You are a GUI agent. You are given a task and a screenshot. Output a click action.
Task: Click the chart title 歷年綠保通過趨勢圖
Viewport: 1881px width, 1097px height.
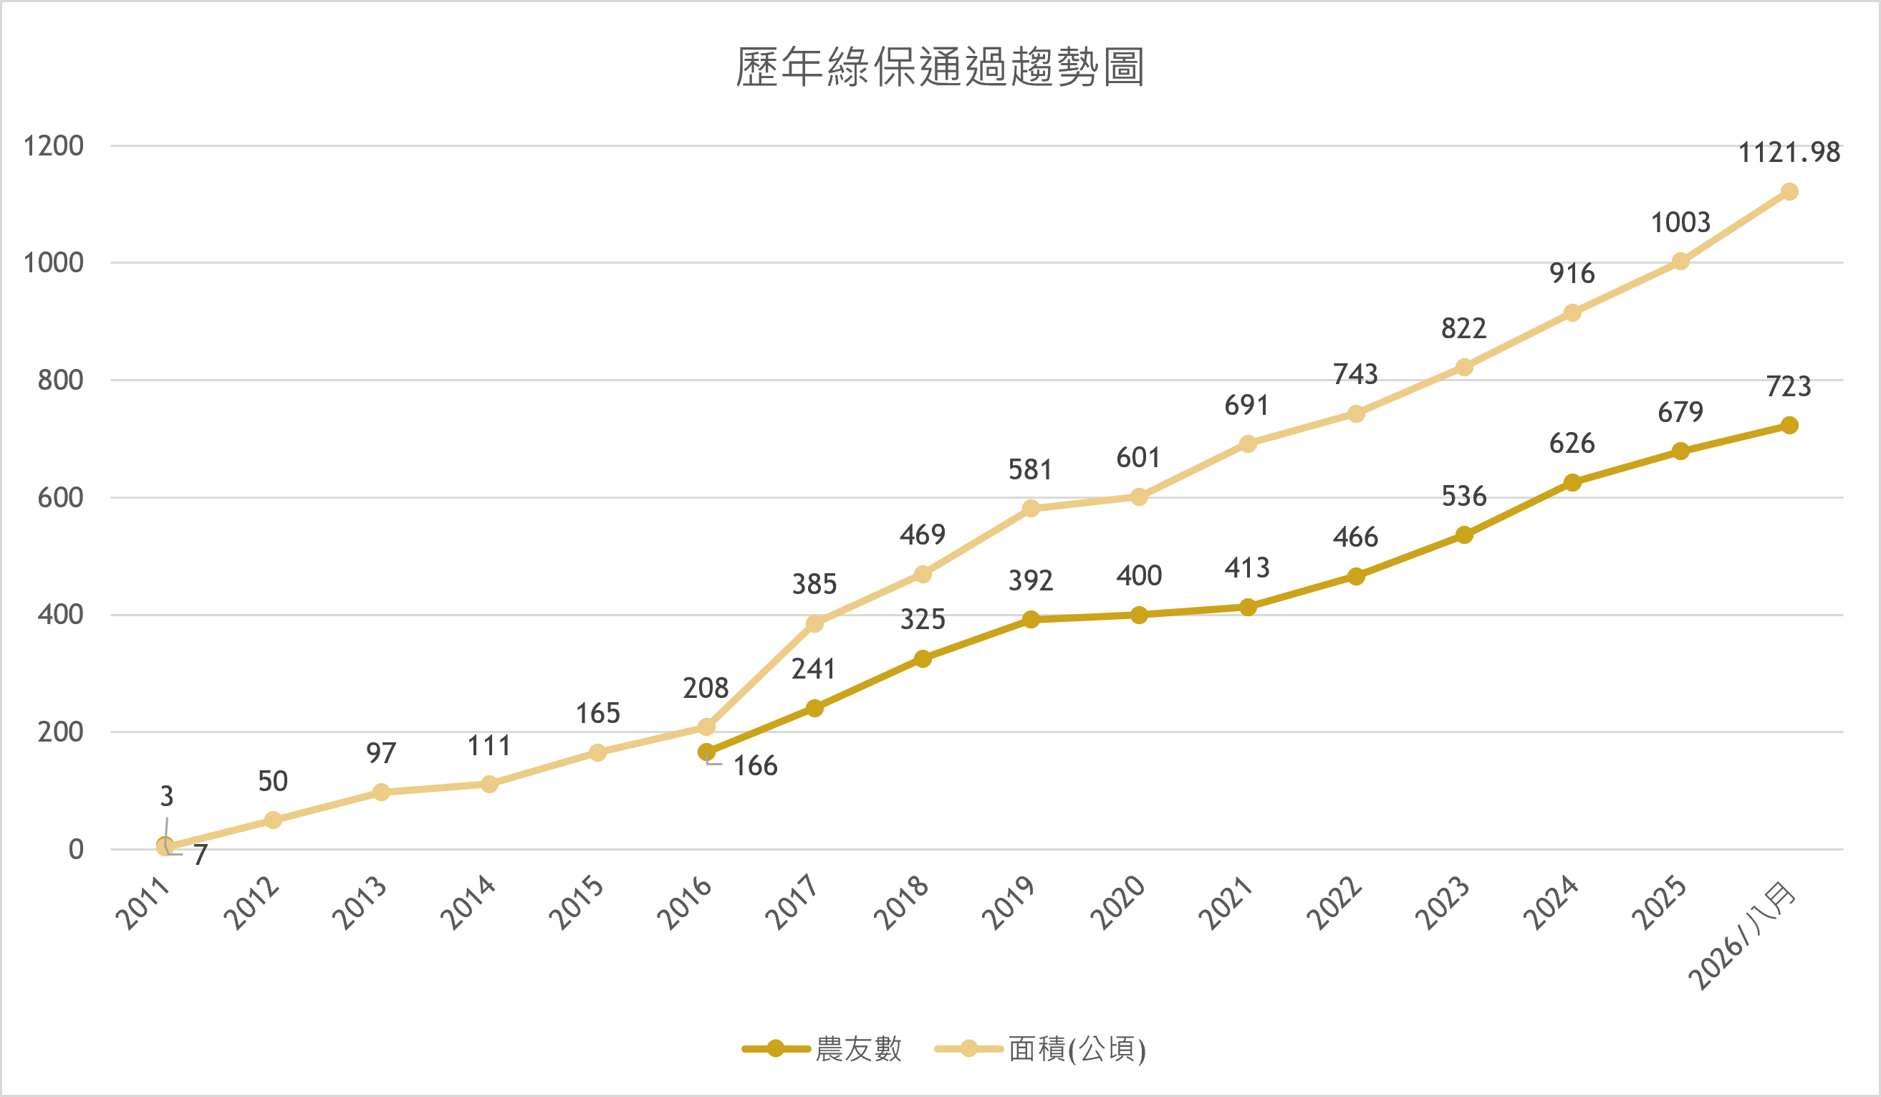pos(940,67)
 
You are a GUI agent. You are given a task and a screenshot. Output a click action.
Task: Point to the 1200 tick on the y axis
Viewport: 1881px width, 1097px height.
pos(53,145)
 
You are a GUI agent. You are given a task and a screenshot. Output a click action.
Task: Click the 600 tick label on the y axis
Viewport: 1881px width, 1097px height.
pos(60,497)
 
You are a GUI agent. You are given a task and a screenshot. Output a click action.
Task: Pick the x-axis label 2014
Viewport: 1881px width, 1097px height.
pos(468,904)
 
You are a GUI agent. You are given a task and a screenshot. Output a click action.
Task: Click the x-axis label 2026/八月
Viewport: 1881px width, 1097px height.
pos(1742,936)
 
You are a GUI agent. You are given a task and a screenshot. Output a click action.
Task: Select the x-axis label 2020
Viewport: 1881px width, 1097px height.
pos(1117,904)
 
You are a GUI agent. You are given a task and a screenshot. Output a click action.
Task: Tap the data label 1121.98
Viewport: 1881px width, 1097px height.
pos(1789,153)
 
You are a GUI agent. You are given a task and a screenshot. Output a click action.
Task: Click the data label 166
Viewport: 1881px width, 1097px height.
pos(755,765)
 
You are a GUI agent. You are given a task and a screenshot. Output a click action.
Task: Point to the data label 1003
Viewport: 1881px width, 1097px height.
pos(1680,222)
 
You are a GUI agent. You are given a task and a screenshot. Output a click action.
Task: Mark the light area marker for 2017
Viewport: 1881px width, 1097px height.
pos(814,623)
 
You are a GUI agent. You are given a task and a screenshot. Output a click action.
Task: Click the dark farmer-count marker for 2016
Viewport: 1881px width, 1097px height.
pos(706,752)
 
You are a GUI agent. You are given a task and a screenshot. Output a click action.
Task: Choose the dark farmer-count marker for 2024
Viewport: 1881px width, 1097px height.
pos(1572,482)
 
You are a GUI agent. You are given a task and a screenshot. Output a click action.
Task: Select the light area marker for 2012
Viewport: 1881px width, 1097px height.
pos(273,820)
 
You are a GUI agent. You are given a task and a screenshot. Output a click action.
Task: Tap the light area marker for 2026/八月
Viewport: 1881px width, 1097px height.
pos(1789,192)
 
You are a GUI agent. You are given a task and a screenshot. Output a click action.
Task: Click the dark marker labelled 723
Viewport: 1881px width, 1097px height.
pos(1789,426)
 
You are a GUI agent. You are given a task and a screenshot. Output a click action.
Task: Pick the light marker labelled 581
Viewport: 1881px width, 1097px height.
pos(1031,509)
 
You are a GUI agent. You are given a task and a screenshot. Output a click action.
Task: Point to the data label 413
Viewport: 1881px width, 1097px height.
pos(1247,568)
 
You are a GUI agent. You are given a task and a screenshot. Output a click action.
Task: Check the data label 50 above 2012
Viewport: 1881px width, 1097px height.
pos(273,781)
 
